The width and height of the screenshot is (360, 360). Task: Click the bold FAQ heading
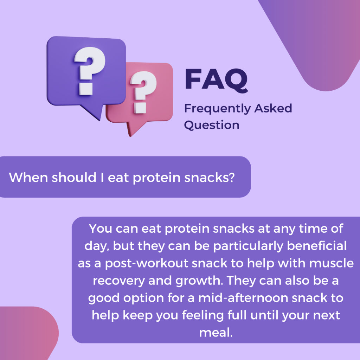216,80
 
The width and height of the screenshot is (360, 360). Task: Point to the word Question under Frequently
212,125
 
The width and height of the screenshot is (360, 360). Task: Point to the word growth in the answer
190,281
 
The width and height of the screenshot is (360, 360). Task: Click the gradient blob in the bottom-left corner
25,334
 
